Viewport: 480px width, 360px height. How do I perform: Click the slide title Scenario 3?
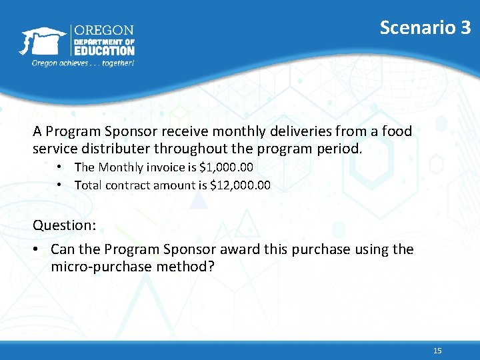click(x=425, y=27)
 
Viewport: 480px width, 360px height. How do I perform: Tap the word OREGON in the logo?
click(x=103, y=31)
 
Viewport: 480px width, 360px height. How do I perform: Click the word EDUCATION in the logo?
click(x=104, y=50)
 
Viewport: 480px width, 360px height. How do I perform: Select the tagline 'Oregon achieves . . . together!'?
click(x=83, y=63)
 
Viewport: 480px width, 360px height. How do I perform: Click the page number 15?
click(x=437, y=351)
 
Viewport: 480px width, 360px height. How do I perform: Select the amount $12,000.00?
click(x=240, y=185)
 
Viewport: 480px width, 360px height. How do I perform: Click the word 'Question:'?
click(x=65, y=225)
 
